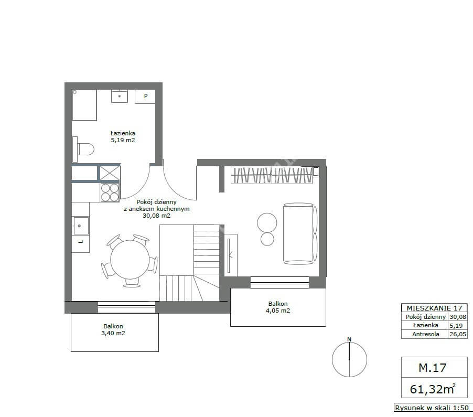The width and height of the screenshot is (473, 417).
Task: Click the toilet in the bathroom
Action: pos(83,149)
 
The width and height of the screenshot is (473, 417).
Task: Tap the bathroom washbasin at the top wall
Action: pos(120,96)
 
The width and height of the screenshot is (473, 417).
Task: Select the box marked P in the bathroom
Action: pos(145,97)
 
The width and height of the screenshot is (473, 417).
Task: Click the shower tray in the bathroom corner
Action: pos(84,105)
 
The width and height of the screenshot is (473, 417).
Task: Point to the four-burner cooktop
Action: pos(110,192)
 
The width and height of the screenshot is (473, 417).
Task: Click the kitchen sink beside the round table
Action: pos(81,226)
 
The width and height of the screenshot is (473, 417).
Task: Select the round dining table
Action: pos(130,260)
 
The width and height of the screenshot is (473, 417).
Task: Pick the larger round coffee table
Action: pos(267,223)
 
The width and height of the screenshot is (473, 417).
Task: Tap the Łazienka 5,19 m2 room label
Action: pos(123,136)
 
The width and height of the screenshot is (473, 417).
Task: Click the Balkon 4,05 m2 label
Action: pos(278,307)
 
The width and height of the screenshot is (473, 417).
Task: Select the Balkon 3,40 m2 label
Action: pos(113,329)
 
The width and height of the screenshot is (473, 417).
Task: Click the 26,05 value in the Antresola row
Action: pos(458,334)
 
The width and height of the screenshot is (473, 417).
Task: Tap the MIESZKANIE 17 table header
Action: pos(434,308)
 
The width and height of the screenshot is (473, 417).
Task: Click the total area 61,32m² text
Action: pos(433,389)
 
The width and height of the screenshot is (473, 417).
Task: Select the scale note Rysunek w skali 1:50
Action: pos(432,408)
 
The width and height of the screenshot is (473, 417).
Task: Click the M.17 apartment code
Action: pos(432,368)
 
